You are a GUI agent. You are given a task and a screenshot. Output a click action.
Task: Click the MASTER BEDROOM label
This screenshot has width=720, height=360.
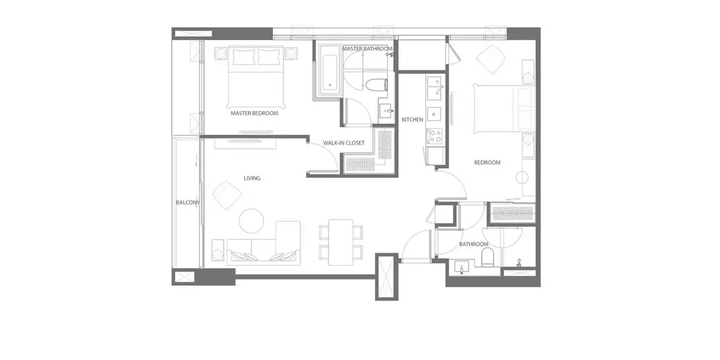click(254, 113)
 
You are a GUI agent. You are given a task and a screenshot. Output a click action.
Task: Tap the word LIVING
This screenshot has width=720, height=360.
click(252, 178)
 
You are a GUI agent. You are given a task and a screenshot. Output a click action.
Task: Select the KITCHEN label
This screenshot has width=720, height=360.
click(412, 119)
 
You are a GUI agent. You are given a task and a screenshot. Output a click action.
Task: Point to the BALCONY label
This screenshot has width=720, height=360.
click(188, 203)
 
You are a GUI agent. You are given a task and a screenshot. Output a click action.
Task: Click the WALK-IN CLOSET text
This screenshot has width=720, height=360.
click(344, 143)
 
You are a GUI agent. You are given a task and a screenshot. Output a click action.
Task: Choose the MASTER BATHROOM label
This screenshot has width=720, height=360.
click(367, 49)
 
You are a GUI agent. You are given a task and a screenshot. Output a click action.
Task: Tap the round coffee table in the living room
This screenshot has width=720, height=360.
click(251, 221)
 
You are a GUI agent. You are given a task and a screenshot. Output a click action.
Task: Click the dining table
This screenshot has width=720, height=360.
click(341, 242)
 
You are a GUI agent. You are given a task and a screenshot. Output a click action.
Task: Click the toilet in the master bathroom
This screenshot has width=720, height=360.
click(377, 85)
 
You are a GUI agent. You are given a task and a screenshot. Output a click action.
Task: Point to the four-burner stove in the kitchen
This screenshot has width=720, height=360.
click(434, 136)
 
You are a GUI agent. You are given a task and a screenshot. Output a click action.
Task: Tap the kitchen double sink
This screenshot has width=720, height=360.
click(434, 88)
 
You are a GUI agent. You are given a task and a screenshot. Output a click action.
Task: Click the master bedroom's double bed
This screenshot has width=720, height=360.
click(256, 77)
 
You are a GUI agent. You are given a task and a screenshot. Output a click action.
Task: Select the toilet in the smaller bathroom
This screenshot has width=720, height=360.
click(488, 257)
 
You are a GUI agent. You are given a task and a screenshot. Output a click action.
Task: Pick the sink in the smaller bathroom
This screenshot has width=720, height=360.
click(461, 267)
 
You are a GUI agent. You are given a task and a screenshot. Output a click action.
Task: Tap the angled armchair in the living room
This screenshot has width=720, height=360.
click(227, 196)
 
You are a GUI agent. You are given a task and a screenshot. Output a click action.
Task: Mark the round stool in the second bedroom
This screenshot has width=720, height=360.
click(522, 178)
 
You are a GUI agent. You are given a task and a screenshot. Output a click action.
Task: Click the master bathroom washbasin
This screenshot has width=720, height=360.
click(386, 111)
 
